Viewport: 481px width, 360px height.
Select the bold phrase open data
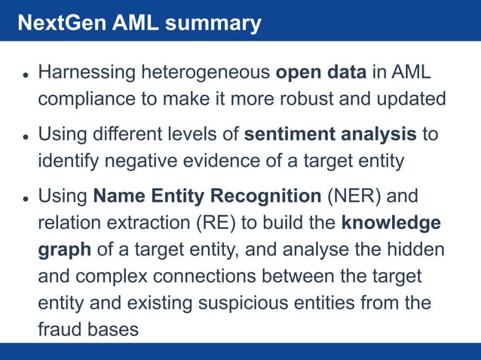pyautogui.click(x=321, y=74)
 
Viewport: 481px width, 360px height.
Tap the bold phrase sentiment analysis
pyautogui.click(x=330, y=136)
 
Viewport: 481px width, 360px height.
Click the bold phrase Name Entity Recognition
pyautogui.click(x=207, y=197)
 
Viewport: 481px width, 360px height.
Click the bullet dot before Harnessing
pyautogui.click(x=25, y=75)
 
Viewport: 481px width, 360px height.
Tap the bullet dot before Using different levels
pyautogui.click(x=25, y=137)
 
